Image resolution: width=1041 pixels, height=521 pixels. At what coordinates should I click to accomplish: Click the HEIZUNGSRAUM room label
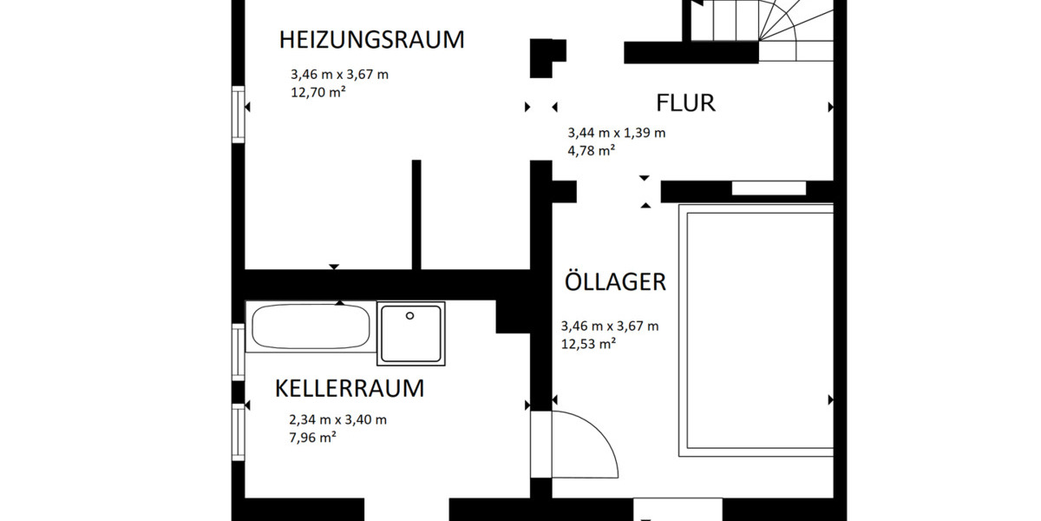tap(371, 40)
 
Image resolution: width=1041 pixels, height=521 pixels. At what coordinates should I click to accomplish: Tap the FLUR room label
tap(684, 103)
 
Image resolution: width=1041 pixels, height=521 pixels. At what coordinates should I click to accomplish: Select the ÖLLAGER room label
tap(614, 282)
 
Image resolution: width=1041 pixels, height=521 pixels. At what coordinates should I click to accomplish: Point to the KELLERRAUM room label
tap(349, 388)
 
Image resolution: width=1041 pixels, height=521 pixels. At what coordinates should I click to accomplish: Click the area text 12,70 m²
tap(318, 92)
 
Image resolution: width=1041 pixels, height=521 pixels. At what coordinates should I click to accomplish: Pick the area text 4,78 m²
tap(591, 149)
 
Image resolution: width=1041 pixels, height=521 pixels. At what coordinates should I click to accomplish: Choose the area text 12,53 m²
tap(588, 343)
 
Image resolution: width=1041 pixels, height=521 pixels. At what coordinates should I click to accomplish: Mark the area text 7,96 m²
tap(312, 438)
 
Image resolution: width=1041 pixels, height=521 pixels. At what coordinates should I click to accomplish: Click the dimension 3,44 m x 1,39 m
tap(616, 133)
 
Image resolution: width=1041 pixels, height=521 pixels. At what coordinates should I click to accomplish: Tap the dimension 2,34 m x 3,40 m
tap(337, 420)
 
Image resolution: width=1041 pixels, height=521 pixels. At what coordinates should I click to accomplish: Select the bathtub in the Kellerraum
tap(311, 327)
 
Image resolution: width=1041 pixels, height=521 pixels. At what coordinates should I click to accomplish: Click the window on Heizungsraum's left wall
tap(239, 113)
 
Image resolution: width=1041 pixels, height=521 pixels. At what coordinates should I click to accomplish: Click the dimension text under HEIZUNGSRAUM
tap(339, 75)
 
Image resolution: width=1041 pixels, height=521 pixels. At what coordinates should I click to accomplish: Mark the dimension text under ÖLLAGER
tap(609, 326)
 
